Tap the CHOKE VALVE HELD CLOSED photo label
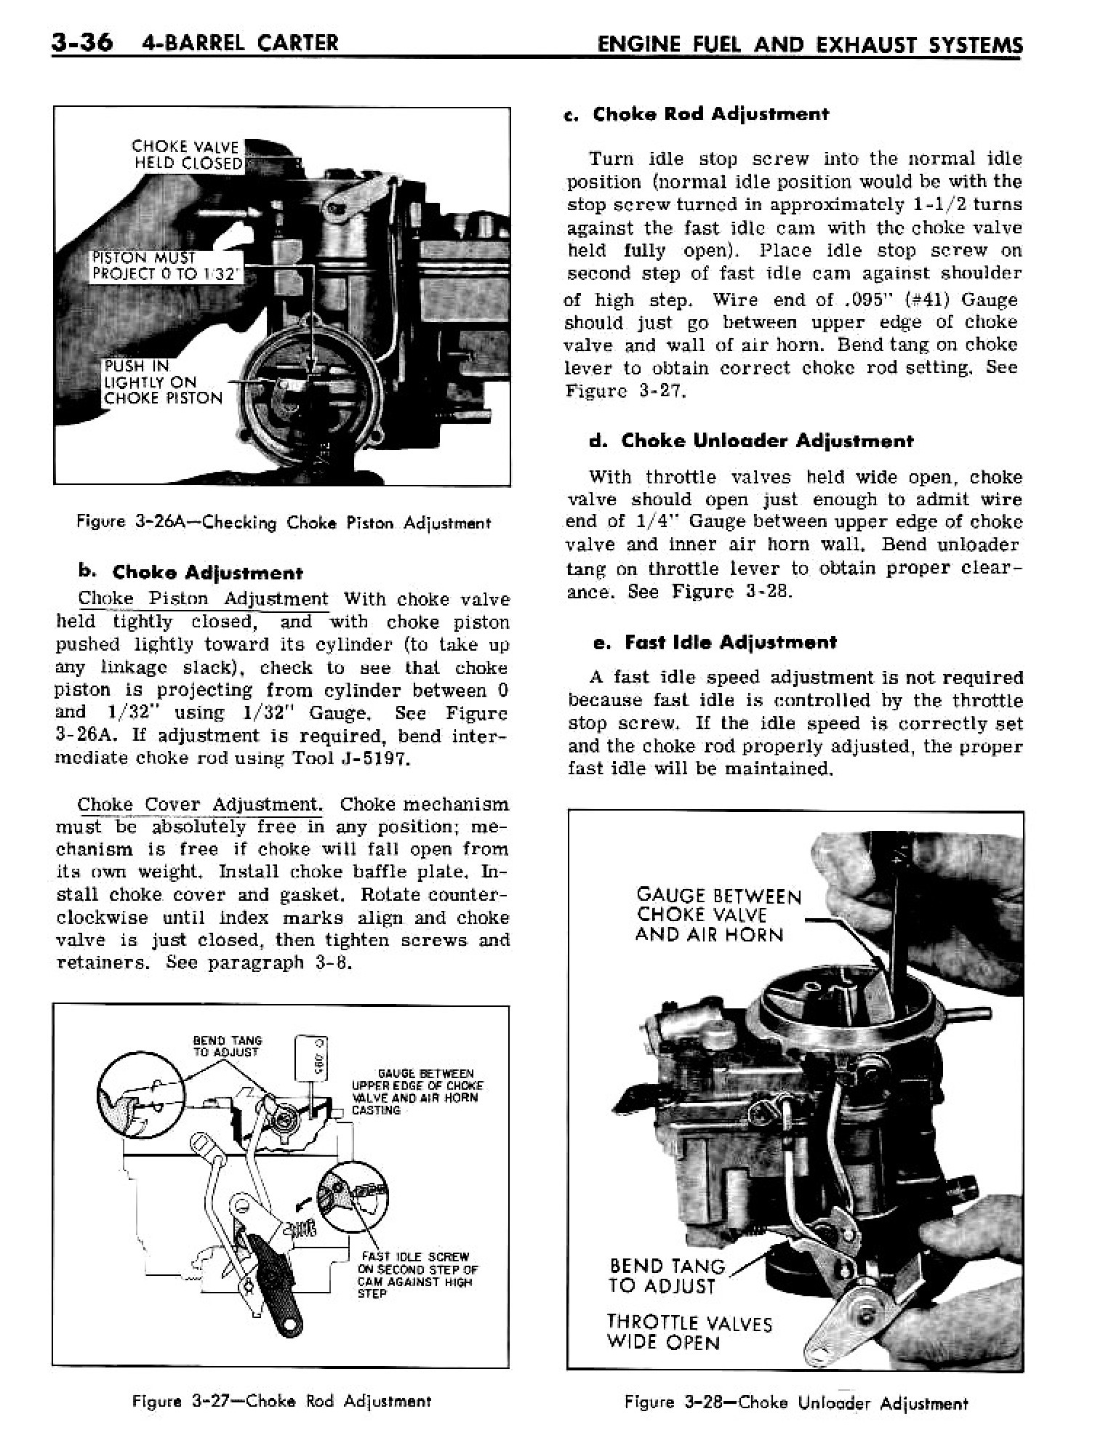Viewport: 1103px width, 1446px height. tap(186, 155)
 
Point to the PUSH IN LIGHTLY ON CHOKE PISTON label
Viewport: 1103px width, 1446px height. tap(162, 382)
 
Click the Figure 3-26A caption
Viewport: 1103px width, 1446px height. tap(284, 523)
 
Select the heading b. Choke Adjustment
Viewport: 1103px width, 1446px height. tap(190, 573)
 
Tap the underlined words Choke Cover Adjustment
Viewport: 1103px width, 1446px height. tap(198, 805)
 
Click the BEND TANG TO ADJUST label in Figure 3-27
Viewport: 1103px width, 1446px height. tap(226, 1046)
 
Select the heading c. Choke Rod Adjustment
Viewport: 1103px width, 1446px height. tap(697, 114)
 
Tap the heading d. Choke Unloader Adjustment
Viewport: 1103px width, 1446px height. tap(750, 441)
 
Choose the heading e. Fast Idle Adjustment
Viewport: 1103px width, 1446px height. tap(715, 642)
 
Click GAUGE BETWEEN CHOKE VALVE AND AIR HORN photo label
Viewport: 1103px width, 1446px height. tap(717, 915)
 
